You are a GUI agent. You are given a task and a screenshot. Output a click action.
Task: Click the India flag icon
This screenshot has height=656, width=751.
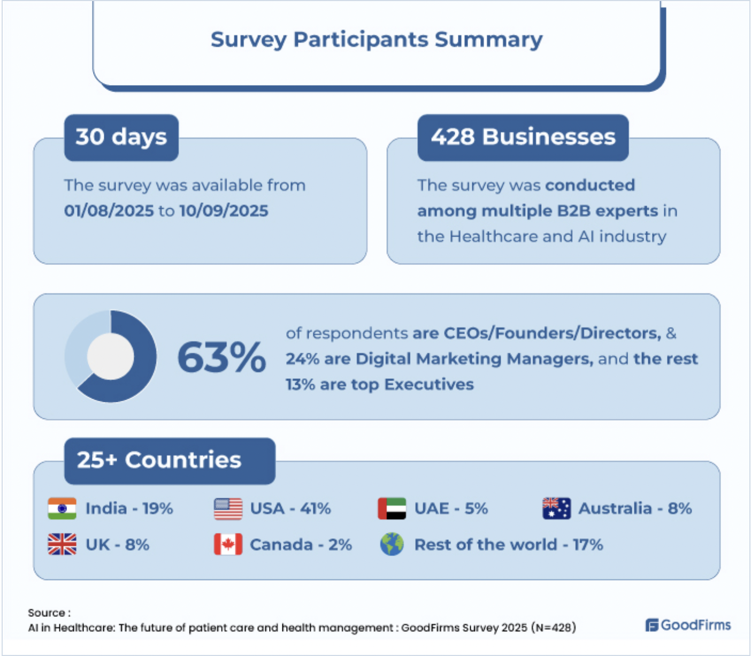click(62, 508)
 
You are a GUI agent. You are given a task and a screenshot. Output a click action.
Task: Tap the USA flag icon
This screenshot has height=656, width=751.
click(228, 509)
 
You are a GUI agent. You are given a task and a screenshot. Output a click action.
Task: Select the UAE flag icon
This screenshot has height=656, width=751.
click(392, 508)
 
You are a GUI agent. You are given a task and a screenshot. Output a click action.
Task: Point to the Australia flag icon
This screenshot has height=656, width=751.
click(556, 508)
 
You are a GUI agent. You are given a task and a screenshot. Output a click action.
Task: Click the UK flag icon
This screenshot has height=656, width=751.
click(62, 544)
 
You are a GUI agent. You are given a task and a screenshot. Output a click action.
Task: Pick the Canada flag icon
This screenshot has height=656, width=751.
click(228, 544)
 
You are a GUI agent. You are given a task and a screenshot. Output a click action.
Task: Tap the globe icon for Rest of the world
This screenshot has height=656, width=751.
click(392, 544)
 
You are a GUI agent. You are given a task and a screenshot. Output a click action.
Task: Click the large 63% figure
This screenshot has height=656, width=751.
click(221, 357)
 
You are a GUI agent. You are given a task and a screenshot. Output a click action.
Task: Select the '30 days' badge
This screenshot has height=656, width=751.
click(121, 138)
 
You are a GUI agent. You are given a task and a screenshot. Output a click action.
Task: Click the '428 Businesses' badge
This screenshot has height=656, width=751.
click(523, 138)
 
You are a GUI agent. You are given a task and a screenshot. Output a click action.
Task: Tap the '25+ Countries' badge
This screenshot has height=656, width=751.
click(170, 461)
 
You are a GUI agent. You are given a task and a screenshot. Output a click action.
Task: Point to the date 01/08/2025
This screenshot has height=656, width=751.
click(109, 211)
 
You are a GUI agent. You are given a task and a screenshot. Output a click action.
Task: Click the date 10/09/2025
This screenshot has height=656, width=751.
click(224, 211)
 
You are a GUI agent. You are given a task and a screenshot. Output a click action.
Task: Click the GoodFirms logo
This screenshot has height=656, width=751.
click(688, 625)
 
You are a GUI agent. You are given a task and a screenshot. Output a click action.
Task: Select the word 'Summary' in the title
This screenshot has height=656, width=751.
click(488, 39)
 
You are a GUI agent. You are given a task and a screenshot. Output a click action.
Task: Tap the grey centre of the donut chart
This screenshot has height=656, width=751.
click(111, 356)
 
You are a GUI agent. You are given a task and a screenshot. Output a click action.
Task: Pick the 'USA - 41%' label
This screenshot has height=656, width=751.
click(290, 509)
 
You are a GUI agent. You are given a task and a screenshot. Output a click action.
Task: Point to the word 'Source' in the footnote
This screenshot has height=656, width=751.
click(47, 613)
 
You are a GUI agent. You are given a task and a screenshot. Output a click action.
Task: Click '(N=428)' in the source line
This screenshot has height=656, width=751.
click(554, 628)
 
